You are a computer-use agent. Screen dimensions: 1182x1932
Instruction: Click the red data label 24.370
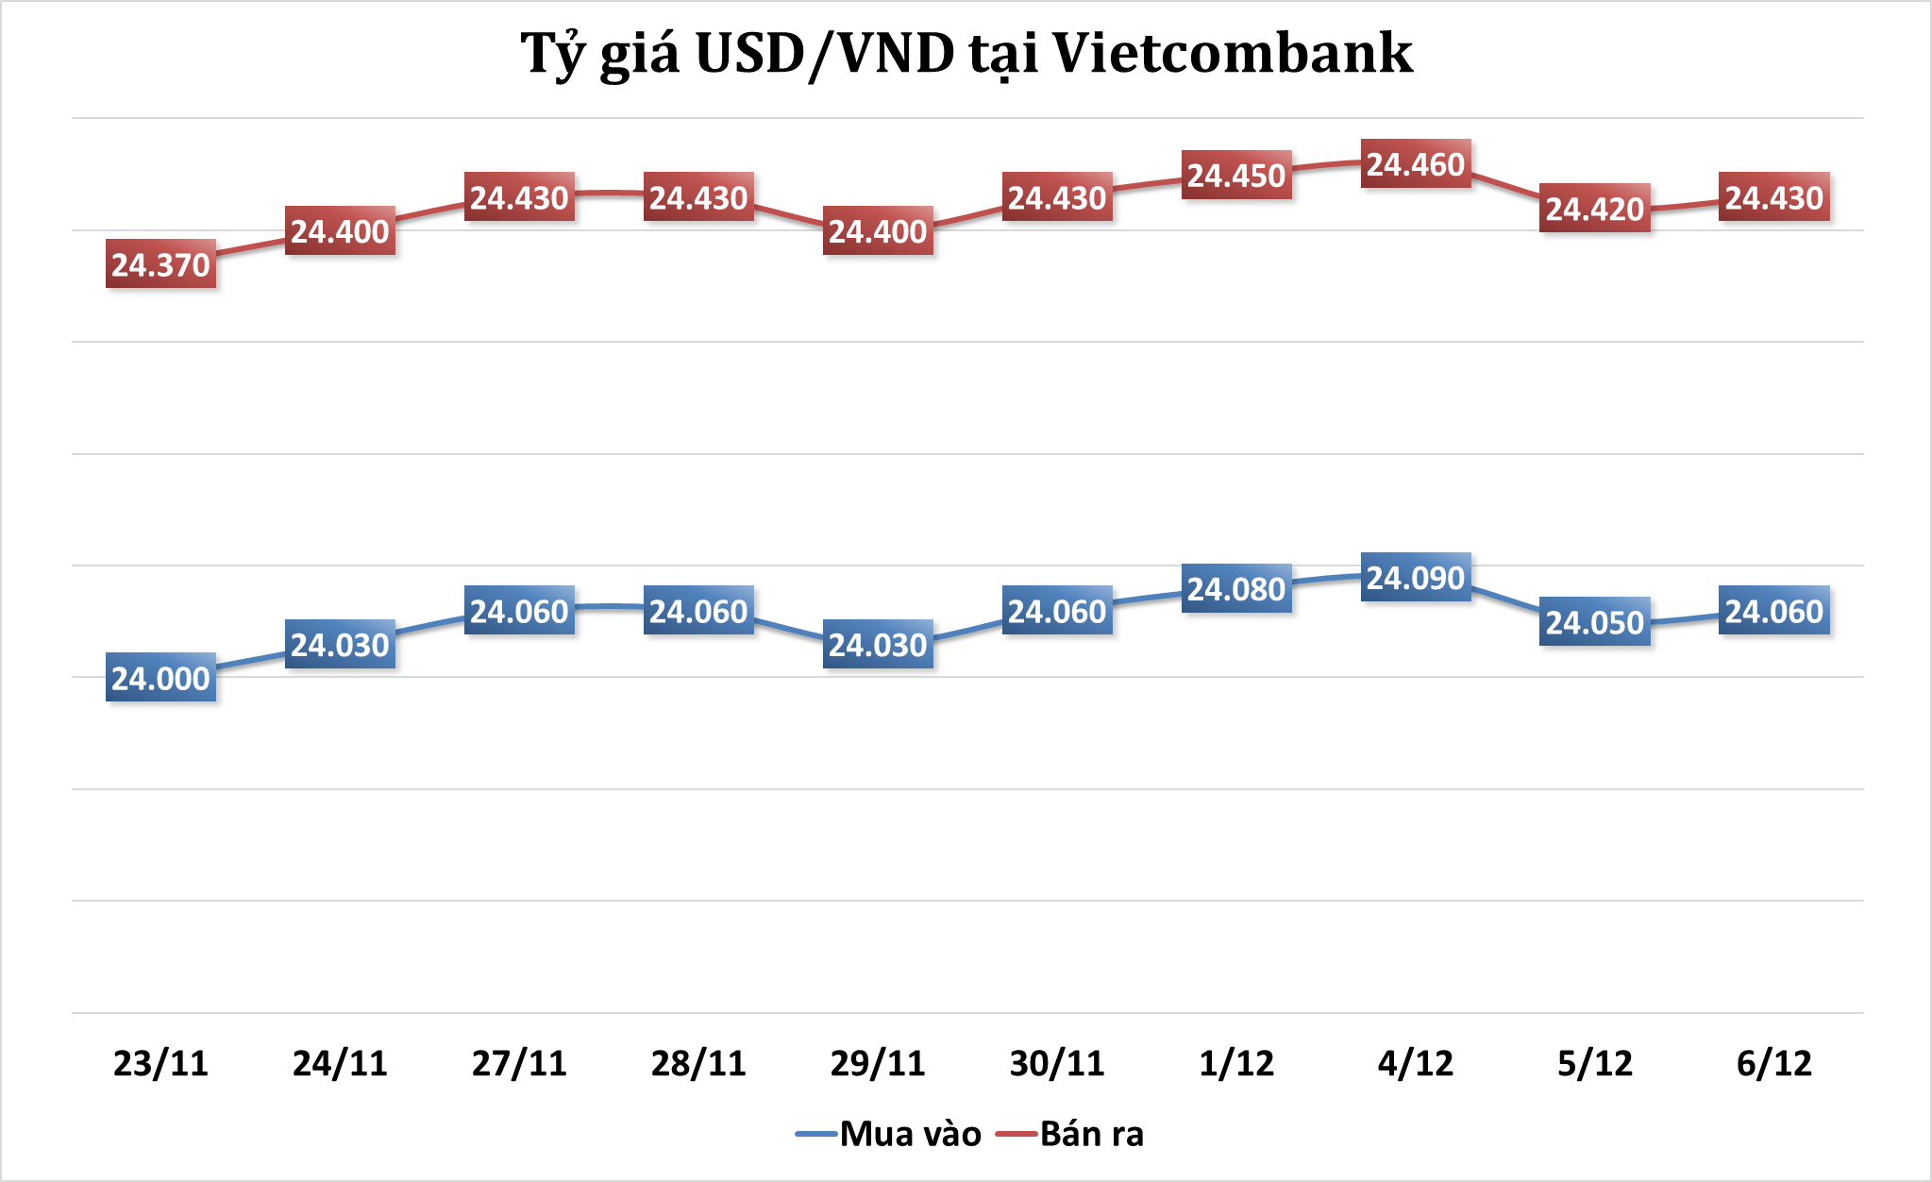[160, 264]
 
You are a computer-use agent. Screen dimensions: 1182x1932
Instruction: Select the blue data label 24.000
[160, 678]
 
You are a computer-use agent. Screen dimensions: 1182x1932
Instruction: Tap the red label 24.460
[1416, 164]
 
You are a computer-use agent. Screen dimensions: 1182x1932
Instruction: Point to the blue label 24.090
[1416, 577]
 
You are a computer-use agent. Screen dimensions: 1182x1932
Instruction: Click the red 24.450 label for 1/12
[1236, 176]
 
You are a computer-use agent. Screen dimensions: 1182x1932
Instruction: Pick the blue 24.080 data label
[1236, 588]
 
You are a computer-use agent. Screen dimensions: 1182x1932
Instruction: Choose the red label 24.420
[1595, 209]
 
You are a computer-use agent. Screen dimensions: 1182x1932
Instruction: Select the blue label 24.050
[1595, 622]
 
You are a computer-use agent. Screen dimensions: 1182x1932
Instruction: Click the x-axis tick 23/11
[160, 1063]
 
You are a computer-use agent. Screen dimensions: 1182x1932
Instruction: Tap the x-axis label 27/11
[519, 1063]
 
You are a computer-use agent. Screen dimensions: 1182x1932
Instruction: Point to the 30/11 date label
[1057, 1063]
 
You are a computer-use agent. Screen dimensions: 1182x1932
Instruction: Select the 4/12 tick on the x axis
[1416, 1063]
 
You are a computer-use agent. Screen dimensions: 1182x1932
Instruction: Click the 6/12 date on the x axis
[1774, 1063]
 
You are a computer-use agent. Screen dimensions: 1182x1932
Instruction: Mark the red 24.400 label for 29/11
[878, 231]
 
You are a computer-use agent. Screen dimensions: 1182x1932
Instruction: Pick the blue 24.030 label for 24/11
[340, 645]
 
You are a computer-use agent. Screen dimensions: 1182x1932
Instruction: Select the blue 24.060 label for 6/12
[1774, 611]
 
